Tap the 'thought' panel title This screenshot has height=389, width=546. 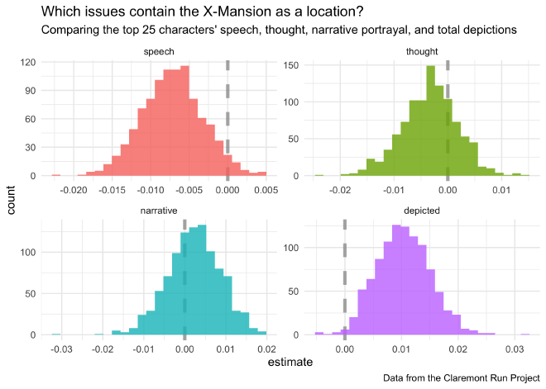click(422, 51)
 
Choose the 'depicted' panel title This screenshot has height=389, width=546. click(422, 211)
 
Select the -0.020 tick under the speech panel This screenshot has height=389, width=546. click(74, 189)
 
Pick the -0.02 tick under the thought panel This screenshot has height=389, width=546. click(340, 189)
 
